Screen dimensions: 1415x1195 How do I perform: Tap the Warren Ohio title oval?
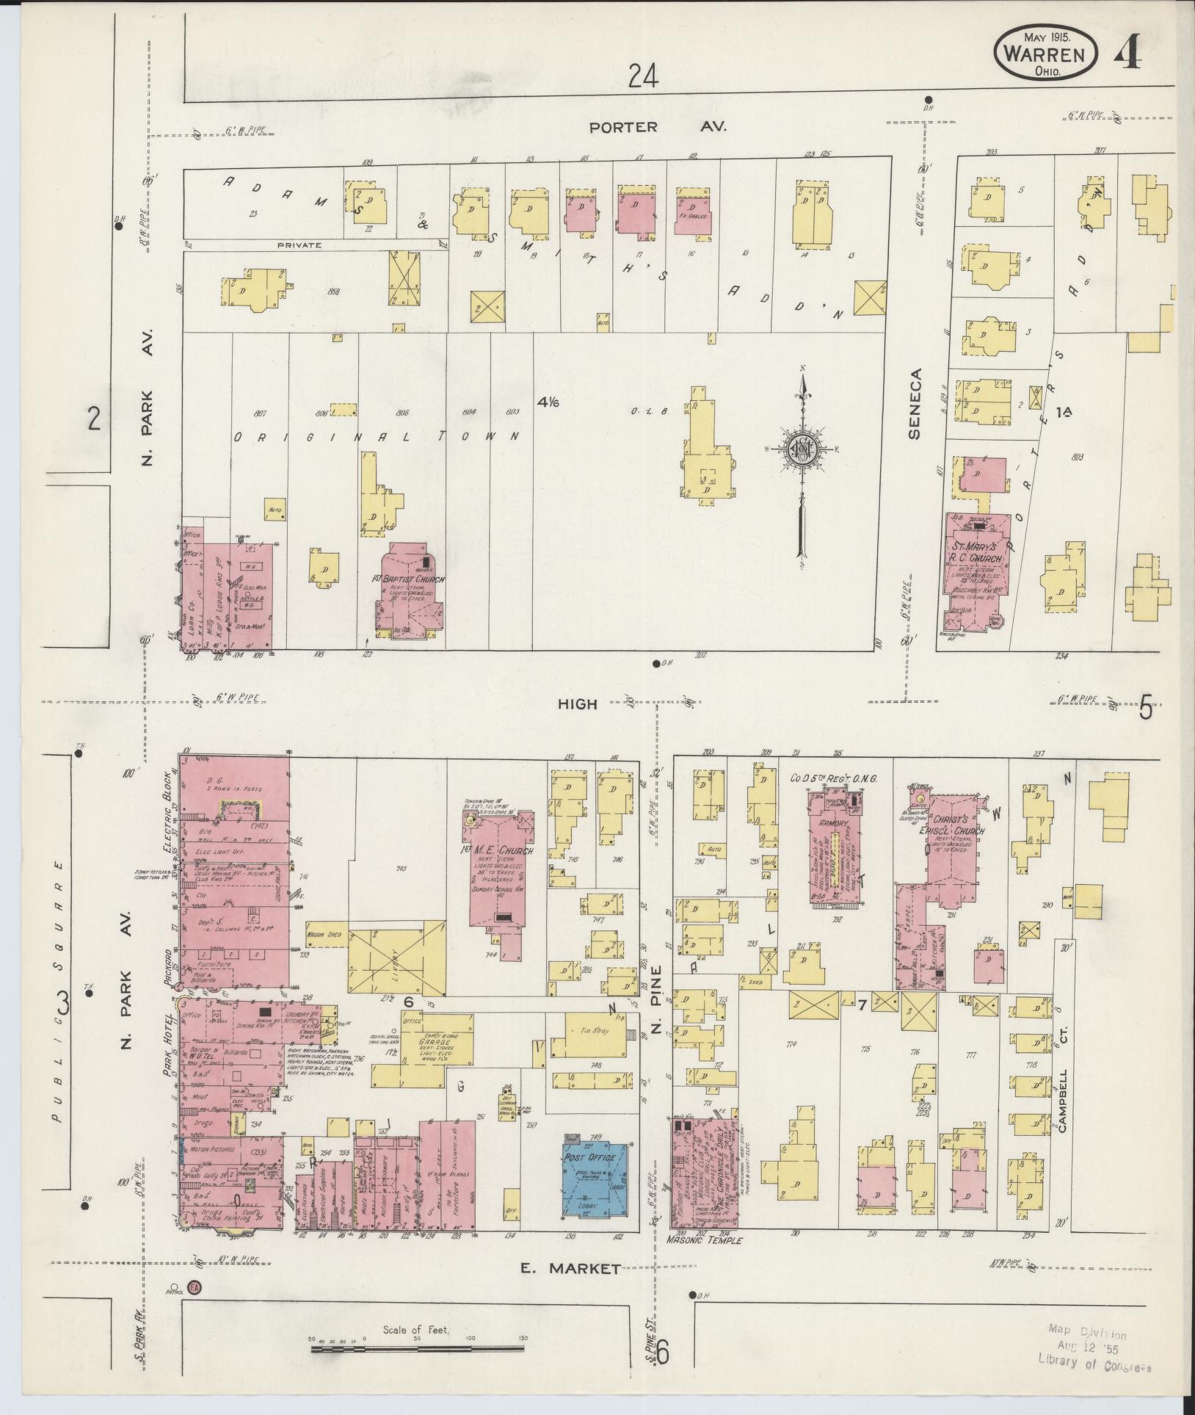click(x=1046, y=54)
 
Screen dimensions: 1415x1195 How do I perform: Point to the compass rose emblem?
click(x=804, y=449)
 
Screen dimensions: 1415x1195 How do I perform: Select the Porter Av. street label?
click(x=658, y=127)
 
